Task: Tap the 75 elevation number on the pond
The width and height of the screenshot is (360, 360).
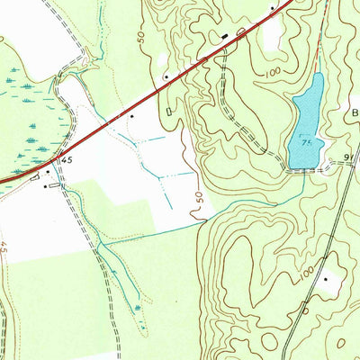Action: (307, 143)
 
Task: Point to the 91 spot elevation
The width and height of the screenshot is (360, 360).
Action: (350, 157)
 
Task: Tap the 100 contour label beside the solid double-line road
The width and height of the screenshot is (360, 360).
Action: (309, 272)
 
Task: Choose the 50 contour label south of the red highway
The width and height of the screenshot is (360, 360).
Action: (197, 200)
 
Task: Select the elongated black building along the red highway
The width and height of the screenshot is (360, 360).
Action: (225, 37)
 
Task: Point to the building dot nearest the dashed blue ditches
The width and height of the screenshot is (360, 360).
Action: (133, 116)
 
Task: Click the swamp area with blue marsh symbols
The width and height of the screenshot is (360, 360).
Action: (27, 117)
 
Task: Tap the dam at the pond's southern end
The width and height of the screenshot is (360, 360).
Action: (304, 168)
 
